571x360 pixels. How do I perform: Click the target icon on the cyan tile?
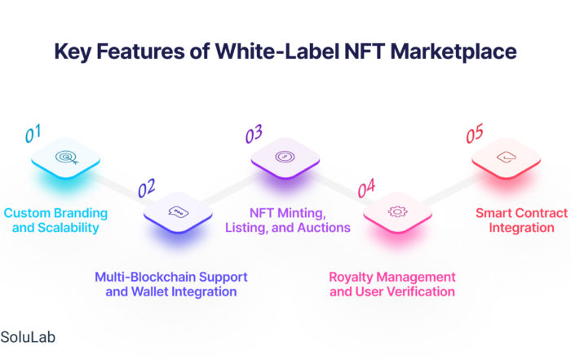click(67, 157)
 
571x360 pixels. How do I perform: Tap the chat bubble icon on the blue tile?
click(179, 211)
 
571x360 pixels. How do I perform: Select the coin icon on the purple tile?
click(285, 157)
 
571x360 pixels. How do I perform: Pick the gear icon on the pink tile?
click(397, 211)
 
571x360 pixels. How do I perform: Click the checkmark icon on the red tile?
click(507, 157)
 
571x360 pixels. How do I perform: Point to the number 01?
click(33, 133)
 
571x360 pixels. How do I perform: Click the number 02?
click(146, 188)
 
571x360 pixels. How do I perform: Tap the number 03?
click(254, 134)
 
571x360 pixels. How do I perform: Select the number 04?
click(366, 188)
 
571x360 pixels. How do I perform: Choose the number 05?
click(475, 133)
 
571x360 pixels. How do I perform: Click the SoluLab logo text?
click(28, 337)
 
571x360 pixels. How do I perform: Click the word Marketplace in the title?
click(454, 51)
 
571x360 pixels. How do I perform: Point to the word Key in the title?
click(73, 51)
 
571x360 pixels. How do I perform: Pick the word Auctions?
click(324, 228)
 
